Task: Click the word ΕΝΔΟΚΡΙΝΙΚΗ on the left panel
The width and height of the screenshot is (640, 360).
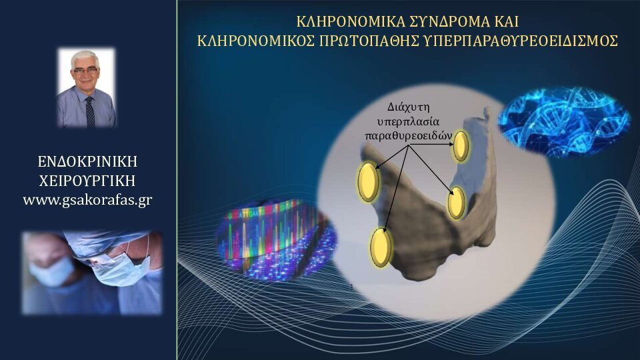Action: pyautogui.click(x=87, y=161)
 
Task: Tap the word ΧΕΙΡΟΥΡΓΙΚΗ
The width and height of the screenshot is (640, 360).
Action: pyautogui.click(x=87, y=181)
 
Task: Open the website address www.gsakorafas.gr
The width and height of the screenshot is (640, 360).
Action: pyautogui.click(x=87, y=200)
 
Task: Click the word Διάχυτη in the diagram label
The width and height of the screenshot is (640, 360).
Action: pyautogui.click(x=408, y=108)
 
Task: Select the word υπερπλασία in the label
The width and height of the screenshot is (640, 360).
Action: pyautogui.click(x=408, y=121)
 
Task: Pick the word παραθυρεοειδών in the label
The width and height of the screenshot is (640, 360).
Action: pyautogui.click(x=408, y=135)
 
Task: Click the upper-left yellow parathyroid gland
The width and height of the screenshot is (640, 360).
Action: pyautogui.click(x=368, y=181)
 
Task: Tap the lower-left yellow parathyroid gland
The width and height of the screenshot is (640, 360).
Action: pyautogui.click(x=381, y=247)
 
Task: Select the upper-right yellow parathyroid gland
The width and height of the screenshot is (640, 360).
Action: pyautogui.click(x=461, y=146)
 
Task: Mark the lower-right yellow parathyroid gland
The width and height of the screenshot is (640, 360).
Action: pyautogui.click(x=456, y=203)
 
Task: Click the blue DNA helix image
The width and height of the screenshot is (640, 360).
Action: pyautogui.click(x=564, y=121)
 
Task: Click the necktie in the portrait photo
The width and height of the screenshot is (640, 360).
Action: pyautogui.click(x=90, y=112)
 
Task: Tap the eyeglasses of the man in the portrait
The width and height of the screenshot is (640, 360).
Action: pyautogui.click(x=85, y=71)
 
